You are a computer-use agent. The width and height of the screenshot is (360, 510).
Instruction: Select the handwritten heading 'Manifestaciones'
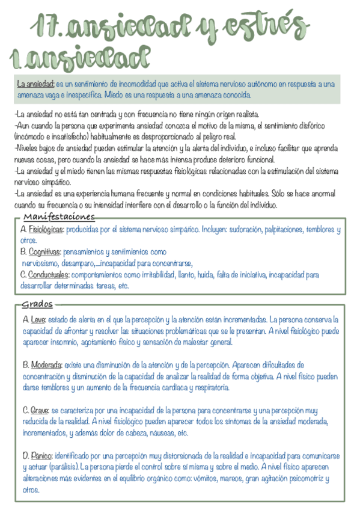click(59, 217)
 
